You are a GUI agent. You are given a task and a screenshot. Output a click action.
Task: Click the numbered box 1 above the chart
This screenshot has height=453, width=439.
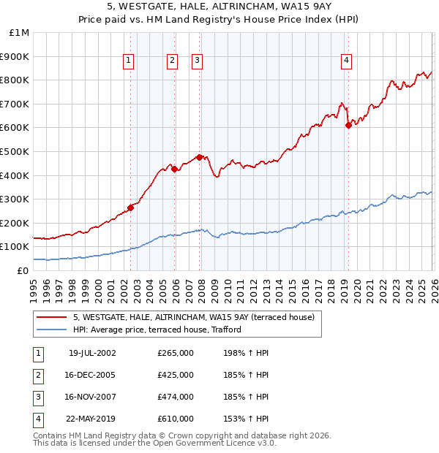129,61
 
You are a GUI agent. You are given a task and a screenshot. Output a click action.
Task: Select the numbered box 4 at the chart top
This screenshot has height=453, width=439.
345,61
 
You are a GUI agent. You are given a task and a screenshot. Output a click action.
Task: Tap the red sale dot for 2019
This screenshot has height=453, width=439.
348,125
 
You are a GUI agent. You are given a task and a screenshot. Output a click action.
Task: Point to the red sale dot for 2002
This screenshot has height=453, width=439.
131,207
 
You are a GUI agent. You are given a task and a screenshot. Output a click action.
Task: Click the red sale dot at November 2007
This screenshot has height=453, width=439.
200,157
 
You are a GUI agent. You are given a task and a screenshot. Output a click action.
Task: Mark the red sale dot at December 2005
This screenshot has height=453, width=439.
175,169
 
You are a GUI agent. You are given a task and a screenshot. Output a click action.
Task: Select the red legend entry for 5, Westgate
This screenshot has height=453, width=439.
193,317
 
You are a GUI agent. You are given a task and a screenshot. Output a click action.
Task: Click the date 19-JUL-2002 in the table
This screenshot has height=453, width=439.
92,353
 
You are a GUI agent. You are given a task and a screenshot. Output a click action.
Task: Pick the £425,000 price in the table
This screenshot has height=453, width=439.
176,375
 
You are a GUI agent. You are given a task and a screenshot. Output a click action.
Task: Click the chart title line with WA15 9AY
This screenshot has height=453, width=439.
219,9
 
